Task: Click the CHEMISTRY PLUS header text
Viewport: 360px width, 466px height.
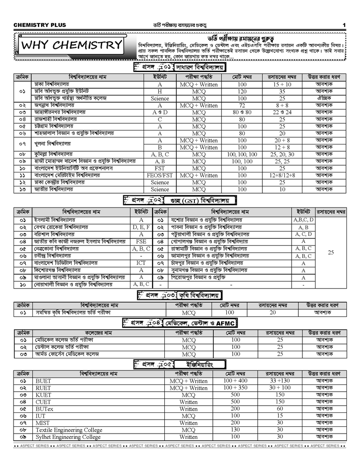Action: click(x=40, y=25)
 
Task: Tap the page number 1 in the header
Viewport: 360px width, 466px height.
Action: click(x=344, y=25)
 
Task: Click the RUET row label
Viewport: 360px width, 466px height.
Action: click(x=43, y=388)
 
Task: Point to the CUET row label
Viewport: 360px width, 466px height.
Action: click(x=43, y=402)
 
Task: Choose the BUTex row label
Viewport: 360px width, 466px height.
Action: click(x=44, y=409)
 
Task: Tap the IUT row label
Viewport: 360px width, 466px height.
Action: click(x=40, y=416)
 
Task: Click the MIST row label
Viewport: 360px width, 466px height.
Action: click(x=42, y=423)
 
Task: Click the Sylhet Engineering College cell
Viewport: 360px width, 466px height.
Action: click(x=68, y=437)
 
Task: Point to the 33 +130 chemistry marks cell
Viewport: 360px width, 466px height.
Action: click(x=280, y=381)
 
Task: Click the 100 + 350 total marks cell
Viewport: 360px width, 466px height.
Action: click(x=235, y=388)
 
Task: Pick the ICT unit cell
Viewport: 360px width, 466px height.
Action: click(x=141, y=263)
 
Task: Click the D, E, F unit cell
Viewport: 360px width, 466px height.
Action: click(x=141, y=227)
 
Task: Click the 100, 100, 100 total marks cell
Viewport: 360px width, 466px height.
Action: click(x=242, y=154)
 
